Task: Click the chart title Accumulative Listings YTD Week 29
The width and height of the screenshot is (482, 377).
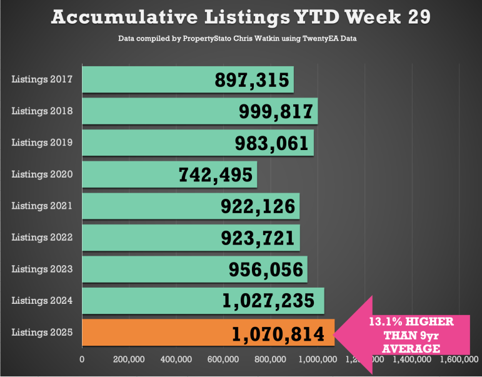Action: (241, 16)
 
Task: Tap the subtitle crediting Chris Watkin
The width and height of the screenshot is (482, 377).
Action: (241, 39)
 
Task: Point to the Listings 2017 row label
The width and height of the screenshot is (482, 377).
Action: (42, 79)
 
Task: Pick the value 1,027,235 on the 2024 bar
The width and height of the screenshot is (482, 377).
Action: (268, 301)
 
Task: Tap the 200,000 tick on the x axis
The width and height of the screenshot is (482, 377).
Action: (129, 359)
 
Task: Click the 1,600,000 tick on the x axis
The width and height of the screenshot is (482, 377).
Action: (459, 359)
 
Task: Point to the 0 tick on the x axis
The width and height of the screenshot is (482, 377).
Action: (82, 359)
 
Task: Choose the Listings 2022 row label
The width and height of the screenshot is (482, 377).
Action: (42, 238)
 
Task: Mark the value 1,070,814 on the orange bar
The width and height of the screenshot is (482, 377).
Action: (278, 333)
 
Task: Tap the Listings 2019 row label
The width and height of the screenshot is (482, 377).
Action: (42, 143)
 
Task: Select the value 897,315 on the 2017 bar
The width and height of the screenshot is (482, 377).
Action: (252, 79)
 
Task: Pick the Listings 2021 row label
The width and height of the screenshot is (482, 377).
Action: (42, 206)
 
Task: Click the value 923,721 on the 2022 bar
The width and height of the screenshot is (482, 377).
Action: (258, 238)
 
